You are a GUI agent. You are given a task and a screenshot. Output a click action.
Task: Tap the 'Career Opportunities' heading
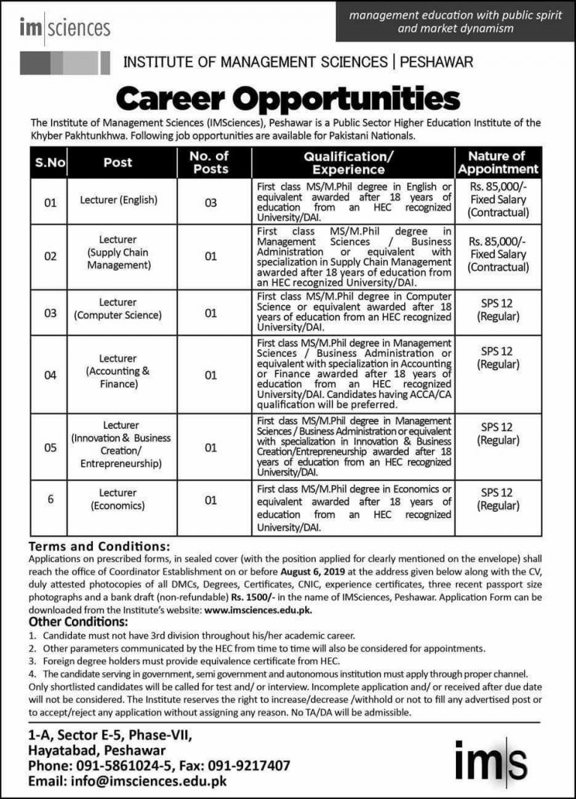(287, 98)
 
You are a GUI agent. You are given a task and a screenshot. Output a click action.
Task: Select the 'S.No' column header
(50, 162)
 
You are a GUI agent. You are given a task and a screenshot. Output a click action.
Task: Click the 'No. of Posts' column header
(210, 162)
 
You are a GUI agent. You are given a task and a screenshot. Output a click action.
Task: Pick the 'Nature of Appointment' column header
(498, 162)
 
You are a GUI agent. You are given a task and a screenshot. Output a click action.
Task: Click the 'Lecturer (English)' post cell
(118, 200)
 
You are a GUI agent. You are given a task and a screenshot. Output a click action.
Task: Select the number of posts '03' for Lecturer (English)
(210, 201)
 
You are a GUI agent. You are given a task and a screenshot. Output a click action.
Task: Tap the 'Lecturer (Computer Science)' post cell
(118, 308)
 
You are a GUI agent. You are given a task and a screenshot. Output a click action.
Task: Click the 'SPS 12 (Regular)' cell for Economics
(498, 499)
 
